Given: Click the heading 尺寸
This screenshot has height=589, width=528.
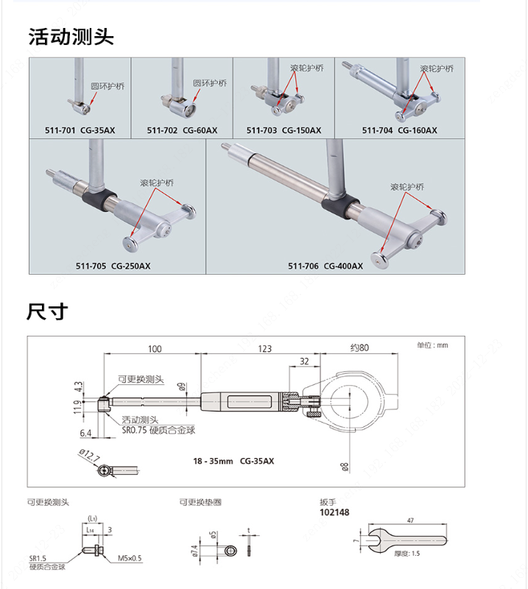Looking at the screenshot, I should click(x=47, y=311).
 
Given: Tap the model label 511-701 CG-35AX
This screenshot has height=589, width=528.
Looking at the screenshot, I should click(x=80, y=130).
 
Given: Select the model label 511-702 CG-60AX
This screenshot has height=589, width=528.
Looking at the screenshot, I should click(x=182, y=130).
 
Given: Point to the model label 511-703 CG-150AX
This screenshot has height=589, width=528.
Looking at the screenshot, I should click(x=284, y=130).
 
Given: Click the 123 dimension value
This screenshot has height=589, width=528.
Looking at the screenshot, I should click(x=264, y=348).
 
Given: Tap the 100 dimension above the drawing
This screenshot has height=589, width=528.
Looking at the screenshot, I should click(x=155, y=348).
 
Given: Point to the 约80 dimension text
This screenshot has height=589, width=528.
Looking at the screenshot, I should click(x=359, y=348).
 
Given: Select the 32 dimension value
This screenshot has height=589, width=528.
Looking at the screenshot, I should click(x=304, y=361).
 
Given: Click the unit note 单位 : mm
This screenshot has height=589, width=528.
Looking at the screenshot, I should click(x=432, y=345).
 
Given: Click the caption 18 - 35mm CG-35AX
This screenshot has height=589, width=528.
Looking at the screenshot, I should click(x=233, y=461).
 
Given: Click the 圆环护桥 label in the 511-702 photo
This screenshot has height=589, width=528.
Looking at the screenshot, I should click(x=210, y=83).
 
